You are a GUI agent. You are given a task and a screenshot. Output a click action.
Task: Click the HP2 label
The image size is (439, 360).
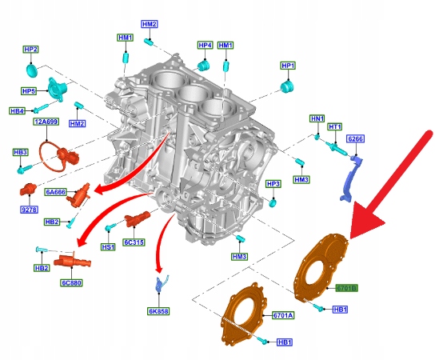[31, 50]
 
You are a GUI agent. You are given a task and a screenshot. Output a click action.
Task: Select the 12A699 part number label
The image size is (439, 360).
[46, 122]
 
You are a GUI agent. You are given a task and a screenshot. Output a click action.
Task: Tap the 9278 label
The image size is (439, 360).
[29, 210]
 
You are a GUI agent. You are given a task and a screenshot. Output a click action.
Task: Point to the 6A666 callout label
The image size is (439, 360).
[55, 192]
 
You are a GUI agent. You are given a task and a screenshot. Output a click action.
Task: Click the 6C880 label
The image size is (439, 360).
[72, 282]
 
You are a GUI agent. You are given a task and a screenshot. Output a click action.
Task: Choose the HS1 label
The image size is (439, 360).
[108, 247]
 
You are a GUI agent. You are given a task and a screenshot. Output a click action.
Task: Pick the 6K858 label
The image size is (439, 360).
[159, 311]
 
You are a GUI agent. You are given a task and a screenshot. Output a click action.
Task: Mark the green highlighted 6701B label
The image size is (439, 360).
[347, 288]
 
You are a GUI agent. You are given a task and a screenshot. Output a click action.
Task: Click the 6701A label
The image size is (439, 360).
[283, 315]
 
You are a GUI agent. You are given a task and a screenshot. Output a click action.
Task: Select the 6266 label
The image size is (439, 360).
[356, 139]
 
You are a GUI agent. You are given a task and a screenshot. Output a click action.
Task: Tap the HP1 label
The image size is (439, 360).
[288, 66]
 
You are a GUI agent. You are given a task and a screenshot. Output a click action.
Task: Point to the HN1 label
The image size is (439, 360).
[317, 118]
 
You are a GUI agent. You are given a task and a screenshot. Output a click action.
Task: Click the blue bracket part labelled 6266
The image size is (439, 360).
[351, 179]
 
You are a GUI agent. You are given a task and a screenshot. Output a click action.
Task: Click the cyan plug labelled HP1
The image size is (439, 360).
[287, 86]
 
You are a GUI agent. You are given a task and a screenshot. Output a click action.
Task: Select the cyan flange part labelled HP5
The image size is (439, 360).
[58, 89]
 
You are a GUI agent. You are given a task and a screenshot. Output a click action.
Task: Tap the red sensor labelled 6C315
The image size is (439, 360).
[137, 219]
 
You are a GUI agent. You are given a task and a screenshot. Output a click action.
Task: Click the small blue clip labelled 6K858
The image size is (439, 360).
[162, 283]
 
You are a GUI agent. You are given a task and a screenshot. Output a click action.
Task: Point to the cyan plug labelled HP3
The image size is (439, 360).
[273, 202]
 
